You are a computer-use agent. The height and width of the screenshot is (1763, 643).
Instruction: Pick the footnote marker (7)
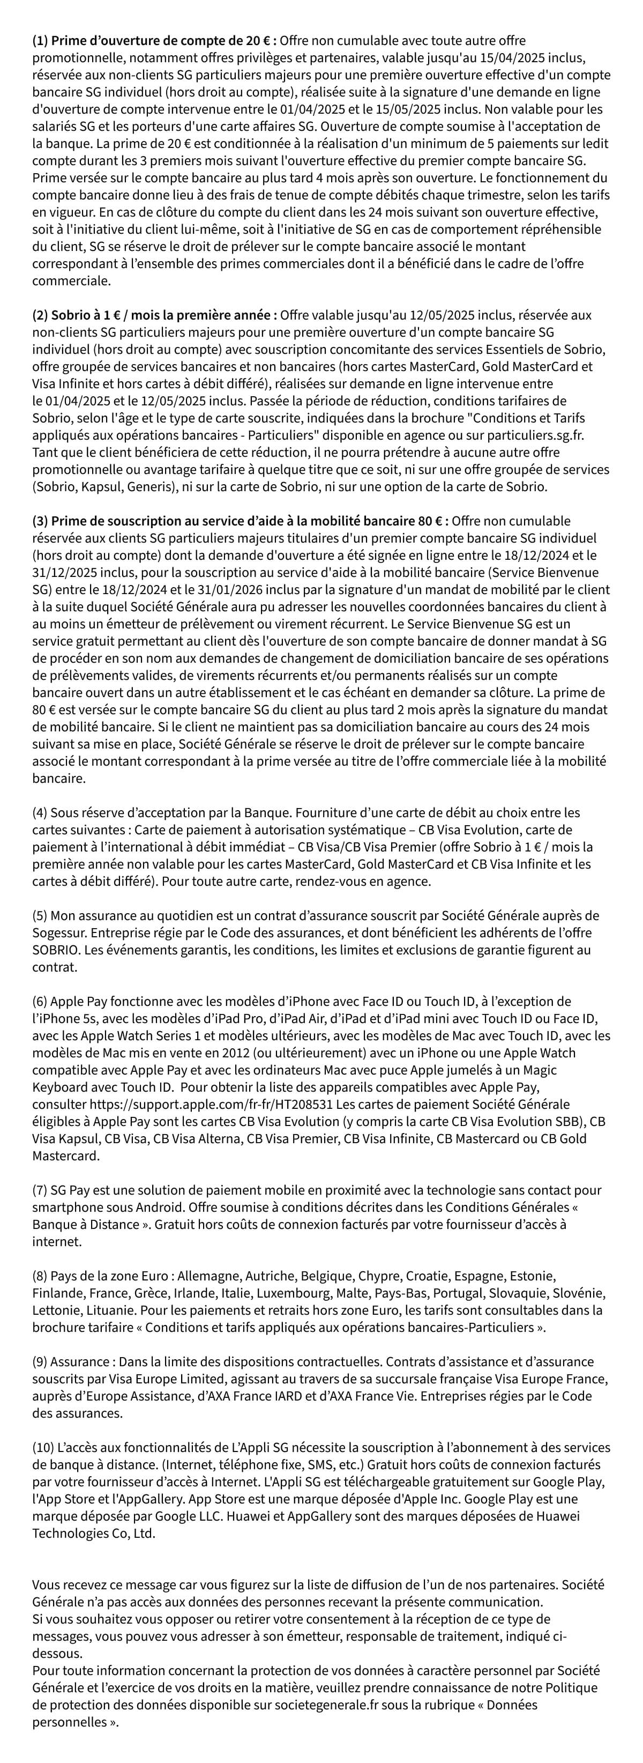(40, 1190)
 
